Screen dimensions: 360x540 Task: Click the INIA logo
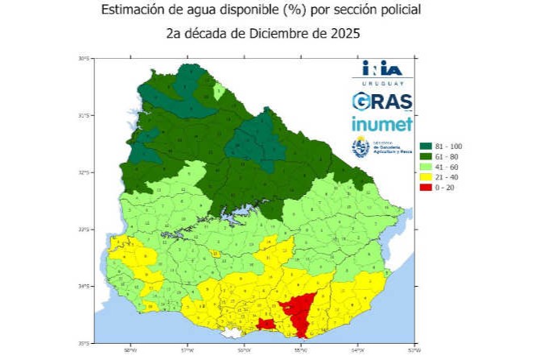pos(381,69)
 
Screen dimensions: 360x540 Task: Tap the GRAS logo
pos(382,101)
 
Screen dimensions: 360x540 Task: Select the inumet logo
pos(382,124)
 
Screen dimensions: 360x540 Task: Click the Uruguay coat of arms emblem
pos(361,147)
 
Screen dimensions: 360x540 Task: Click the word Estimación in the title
pos(134,12)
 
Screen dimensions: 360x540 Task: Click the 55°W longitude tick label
pos(300,351)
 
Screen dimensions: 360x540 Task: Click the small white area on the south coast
pos(232,332)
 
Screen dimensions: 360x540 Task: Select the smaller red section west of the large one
pos(265,324)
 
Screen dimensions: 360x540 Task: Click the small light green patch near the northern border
pos(218,91)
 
